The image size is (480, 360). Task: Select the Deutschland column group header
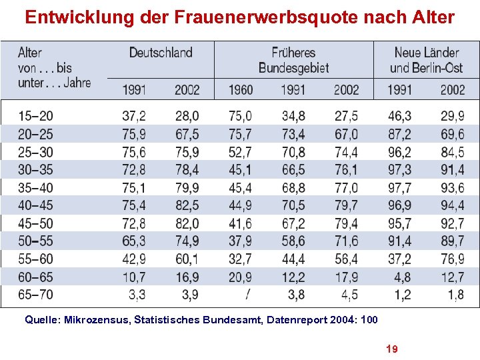point(160,53)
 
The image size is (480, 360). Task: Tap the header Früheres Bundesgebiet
point(293,60)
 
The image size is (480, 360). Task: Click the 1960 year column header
point(240,89)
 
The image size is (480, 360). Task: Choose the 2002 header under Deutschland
point(187,89)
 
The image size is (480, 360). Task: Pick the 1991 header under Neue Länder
point(399,89)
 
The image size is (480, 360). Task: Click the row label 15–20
point(36,117)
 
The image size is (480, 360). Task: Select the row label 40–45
point(36,205)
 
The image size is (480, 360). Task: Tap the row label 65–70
point(36,294)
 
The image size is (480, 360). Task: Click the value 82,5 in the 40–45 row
point(187,205)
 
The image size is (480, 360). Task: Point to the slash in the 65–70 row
point(247,294)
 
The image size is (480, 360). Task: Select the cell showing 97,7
point(399,187)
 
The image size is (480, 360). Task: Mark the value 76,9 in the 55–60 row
point(452,259)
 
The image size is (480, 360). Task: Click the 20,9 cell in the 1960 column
point(240,276)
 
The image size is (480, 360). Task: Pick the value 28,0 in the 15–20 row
point(187,117)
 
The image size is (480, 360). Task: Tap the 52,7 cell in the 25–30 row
point(240,152)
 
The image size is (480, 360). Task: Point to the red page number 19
point(392,348)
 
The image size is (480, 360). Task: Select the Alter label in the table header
point(30,53)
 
